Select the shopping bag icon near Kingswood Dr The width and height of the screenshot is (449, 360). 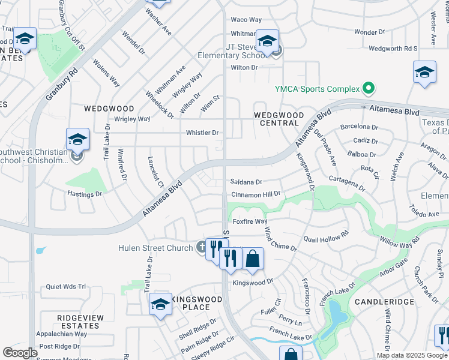click(253, 259)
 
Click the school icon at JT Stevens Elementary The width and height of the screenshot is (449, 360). click(267, 41)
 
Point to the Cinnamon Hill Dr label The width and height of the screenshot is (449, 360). click(256, 195)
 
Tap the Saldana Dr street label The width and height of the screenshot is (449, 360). click(247, 182)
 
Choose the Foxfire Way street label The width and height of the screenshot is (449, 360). click(250, 221)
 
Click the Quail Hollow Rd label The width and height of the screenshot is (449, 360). click(327, 237)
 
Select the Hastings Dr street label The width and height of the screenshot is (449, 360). click(85, 194)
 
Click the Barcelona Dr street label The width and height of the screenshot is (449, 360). click(359, 127)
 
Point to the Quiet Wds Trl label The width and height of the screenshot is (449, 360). click(66, 287)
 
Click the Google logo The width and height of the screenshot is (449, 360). click(20, 353)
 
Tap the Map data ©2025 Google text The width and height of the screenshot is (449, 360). click(412, 355)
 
